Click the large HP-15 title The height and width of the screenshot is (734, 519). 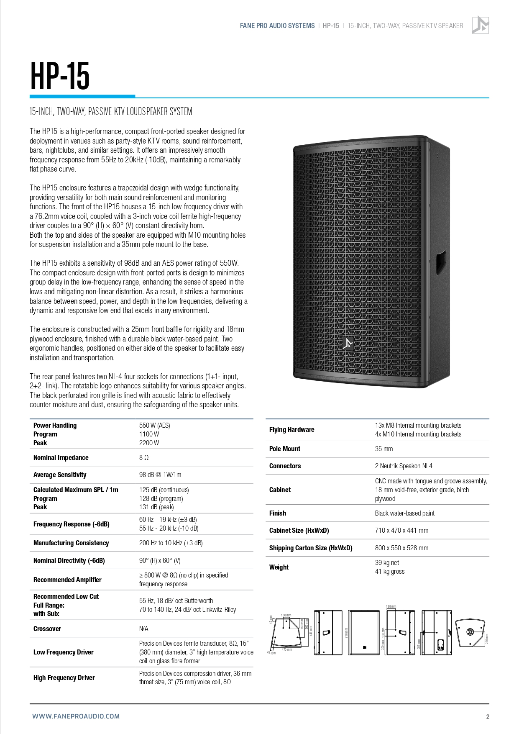coord(60,76)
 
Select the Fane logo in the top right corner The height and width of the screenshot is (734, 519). coord(480,25)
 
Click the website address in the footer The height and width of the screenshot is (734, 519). coord(76,716)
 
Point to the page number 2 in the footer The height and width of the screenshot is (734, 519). coord(488,716)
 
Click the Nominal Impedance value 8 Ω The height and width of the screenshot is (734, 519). coord(144,457)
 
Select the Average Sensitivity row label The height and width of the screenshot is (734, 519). coord(60,475)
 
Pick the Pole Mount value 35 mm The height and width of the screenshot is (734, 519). coord(383,449)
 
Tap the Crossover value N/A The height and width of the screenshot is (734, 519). coord(143,629)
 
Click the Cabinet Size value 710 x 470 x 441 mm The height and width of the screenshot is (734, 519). coord(401,530)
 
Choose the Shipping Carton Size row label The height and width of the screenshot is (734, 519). coord(310,548)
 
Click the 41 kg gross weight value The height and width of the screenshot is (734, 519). coord(389,571)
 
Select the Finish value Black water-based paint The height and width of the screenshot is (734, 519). coord(404,513)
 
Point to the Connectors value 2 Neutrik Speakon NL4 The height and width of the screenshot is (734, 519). coord(403,466)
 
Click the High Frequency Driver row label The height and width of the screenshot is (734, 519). coord(64,678)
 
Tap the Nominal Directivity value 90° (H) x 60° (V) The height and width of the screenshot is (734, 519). coord(160,560)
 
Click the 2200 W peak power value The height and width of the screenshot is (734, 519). coord(149,443)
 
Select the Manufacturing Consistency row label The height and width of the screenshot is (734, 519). coord(71,543)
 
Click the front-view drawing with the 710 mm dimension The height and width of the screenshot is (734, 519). coord(364,632)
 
